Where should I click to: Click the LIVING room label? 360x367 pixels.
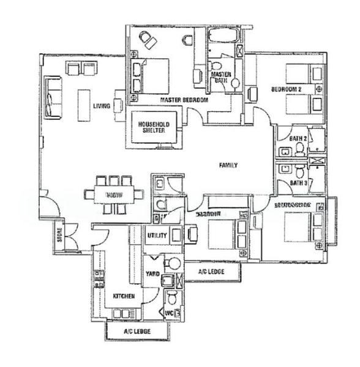click(102, 106)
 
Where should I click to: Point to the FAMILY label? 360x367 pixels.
click(229, 165)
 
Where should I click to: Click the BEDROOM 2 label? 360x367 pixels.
click(287, 89)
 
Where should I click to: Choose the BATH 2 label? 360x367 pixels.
click(298, 139)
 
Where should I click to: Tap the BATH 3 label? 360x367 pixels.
click(298, 182)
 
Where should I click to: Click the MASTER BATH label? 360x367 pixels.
click(220, 76)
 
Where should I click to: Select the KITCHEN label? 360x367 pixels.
click(124, 297)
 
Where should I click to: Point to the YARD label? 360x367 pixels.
click(153, 273)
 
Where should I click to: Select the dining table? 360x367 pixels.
click(113, 195)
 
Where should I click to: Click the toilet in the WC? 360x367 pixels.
click(173, 299)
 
